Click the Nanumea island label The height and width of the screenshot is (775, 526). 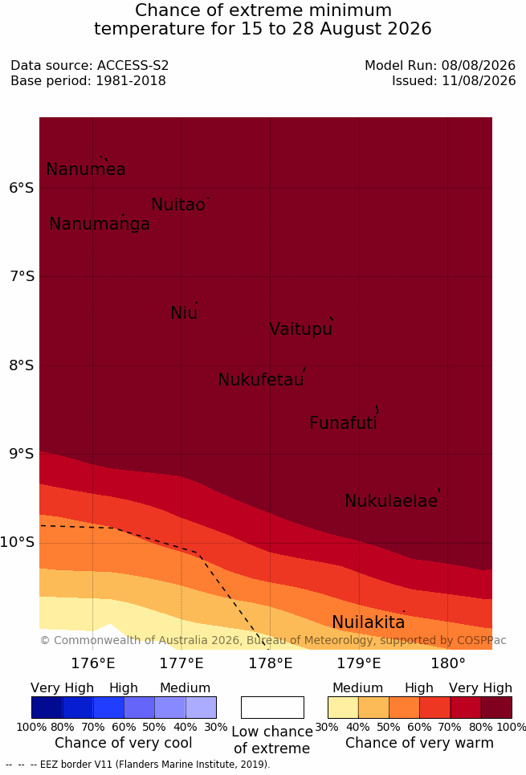pos(85,169)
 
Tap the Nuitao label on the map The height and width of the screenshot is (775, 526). pos(178,204)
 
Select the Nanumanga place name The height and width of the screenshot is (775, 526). pos(100,224)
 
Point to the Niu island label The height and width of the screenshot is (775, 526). pos(184,312)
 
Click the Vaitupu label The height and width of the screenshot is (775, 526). pos(300,328)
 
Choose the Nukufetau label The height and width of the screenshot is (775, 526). pos(260,379)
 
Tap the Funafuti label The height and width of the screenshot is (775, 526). pos(343,422)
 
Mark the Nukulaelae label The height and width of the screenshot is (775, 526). pos(391,500)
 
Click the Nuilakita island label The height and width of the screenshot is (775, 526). pos(369,622)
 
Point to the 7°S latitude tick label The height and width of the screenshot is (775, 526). pos(22,275)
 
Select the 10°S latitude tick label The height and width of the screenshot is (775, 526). pos(18,542)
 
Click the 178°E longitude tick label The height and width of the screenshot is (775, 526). pos(271,663)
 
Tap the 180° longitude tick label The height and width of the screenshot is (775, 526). pos(448,663)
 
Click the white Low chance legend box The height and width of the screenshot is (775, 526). pos(272,708)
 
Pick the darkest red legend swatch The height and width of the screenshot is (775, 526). pos(496,708)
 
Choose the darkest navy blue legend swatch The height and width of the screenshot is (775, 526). pos(47,708)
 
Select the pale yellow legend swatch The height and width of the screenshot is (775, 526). pos(343,708)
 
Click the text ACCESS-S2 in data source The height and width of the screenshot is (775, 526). pos(133,65)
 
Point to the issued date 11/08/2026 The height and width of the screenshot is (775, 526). pos(479,80)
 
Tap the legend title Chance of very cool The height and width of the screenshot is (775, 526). pos(124,743)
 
